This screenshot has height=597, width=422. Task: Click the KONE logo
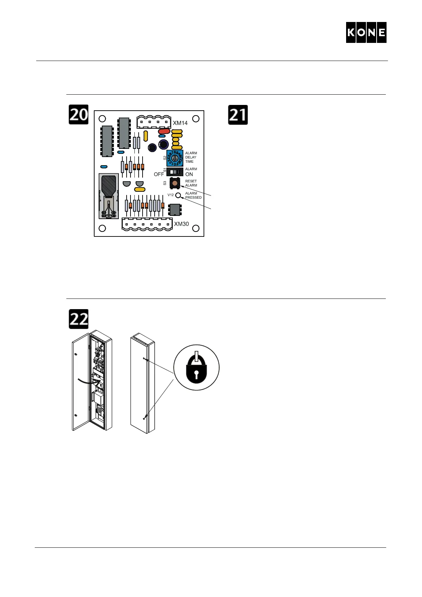pyautogui.click(x=366, y=33)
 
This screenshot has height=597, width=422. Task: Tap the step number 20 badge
pyautogui.click(x=78, y=115)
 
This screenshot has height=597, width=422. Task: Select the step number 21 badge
pyautogui.click(x=238, y=115)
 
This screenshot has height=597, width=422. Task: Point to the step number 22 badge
pyautogui.click(x=78, y=319)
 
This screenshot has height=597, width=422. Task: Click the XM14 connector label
pyautogui.click(x=180, y=123)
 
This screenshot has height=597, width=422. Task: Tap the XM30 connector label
pyautogui.click(x=181, y=224)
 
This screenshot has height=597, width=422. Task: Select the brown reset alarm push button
pyautogui.click(x=174, y=183)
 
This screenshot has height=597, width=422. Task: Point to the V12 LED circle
pyautogui.click(x=178, y=195)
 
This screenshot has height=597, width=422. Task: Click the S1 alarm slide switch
pyautogui.click(x=174, y=172)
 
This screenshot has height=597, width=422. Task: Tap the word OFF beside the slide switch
pyautogui.click(x=159, y=174)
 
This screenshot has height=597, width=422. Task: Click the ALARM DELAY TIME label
pyautogui.click(x=191, y=157)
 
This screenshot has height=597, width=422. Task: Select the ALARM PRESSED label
pyautogui.click(x=193, y=195)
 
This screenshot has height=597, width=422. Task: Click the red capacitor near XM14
pyautogui.click(x=164, y=131)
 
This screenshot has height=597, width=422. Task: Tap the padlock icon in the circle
pyautogui.click(x=196, y=368)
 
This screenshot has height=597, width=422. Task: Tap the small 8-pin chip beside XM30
pyautogui.click(x=174, y=210)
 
